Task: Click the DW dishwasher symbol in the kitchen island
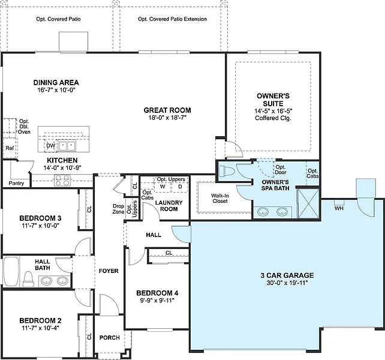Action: (51, 145)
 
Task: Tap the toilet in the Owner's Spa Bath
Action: (225, 171)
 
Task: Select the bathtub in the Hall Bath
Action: (11, 272)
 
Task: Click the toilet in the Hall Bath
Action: (28, 279)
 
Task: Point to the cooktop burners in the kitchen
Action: (62, 180)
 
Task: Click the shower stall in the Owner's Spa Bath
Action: (308, 203)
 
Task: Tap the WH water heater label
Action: (339, 208)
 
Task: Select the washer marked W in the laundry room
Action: (163, 187)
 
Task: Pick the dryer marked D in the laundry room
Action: (180, 187)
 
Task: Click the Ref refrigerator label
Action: (10, 148)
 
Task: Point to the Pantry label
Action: (16, 183)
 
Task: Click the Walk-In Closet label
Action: (220, 199)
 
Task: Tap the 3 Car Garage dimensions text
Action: (287, 283)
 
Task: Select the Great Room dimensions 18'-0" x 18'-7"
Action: (167, 118)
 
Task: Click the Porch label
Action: (110, 338)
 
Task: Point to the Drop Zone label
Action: (118, 209)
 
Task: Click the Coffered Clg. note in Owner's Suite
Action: (273, 118)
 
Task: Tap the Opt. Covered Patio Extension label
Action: (172, 19)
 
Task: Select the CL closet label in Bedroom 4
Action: (169, 253)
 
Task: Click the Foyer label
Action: (109, 271)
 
